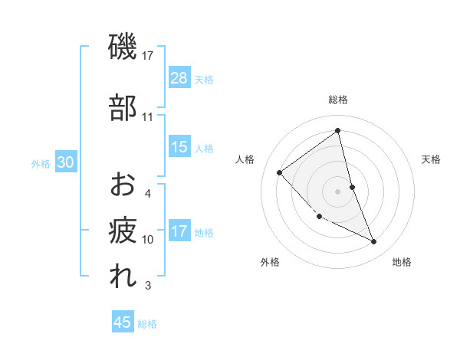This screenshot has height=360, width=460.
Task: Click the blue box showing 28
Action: [x=179, y=78]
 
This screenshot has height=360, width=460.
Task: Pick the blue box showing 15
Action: [x=179, y=147]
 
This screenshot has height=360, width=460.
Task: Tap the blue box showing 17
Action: [x=179, y=231]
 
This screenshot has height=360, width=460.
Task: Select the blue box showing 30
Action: [x=65, y=162]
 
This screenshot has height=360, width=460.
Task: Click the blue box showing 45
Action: [x=123, y=322]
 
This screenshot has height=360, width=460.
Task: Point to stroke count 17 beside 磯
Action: [x=148, y=55]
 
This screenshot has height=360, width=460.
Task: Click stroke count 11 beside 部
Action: [x=148, y=117]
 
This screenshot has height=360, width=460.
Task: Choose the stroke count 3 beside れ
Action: [x=148, y=286]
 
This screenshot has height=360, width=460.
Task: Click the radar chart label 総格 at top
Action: [x=338, y=100]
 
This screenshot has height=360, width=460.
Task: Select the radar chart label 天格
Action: [x=432, y=159]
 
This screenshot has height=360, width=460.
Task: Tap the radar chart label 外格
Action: [x=270, y=262]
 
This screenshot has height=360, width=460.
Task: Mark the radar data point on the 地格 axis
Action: [x=374, y=242]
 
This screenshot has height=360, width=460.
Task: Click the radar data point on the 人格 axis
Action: [x=280, y=172]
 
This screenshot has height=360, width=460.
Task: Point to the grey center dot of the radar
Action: [x=338, y=191]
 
